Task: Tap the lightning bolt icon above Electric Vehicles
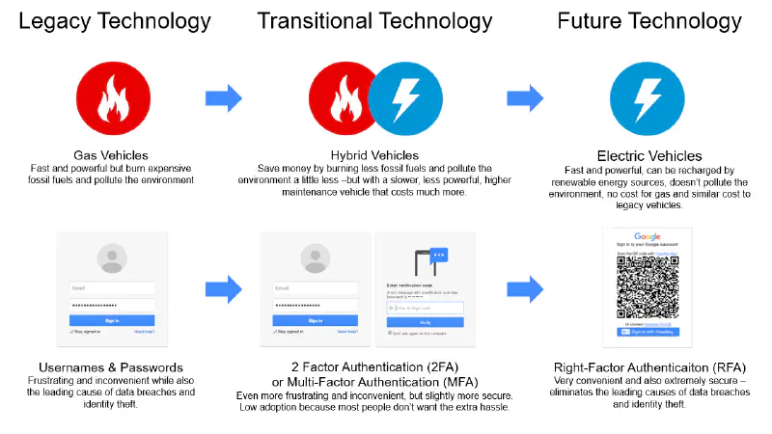(645, 96)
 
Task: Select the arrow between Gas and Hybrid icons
(223, 96)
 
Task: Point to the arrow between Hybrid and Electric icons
(525, 96)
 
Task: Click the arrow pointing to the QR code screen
(525, 287)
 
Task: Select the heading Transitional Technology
(375, 20)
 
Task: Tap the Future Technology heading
(648, 20)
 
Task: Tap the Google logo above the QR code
(648, 236)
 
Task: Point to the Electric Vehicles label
(648, 155)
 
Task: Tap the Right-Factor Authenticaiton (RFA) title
(648, 367)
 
